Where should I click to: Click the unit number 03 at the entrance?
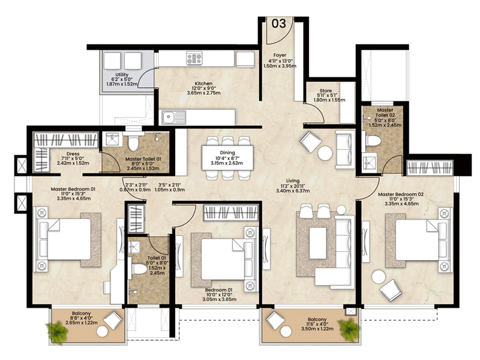point(278,24)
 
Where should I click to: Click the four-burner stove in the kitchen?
point(194,58)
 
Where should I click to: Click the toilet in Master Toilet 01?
point(133,143)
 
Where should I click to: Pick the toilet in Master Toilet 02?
point(374,140)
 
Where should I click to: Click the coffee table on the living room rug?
point(317,242)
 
